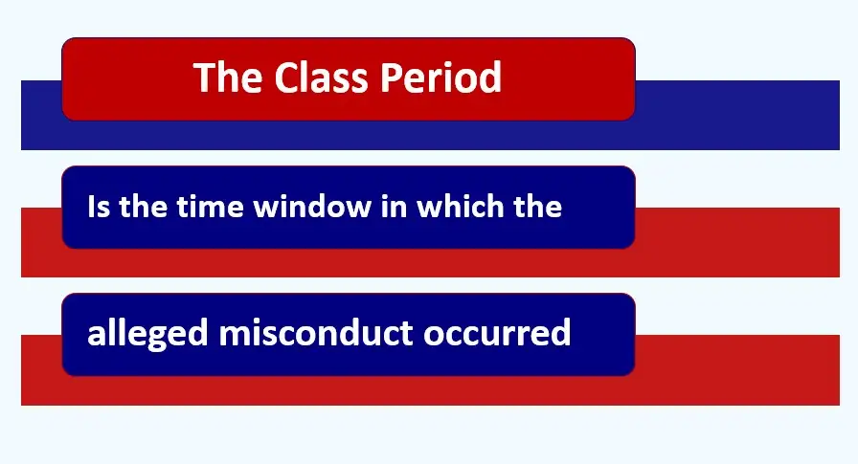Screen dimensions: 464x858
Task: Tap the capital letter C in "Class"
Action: pyautogui.click(x=285, y=77)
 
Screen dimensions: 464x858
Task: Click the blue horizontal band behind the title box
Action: pyautogui.click(x=737, y=115)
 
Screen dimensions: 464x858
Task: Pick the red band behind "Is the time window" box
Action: pyautogui.click(x=737, y=242)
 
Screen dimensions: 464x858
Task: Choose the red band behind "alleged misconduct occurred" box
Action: pyautogui.click(x=737, y=369)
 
